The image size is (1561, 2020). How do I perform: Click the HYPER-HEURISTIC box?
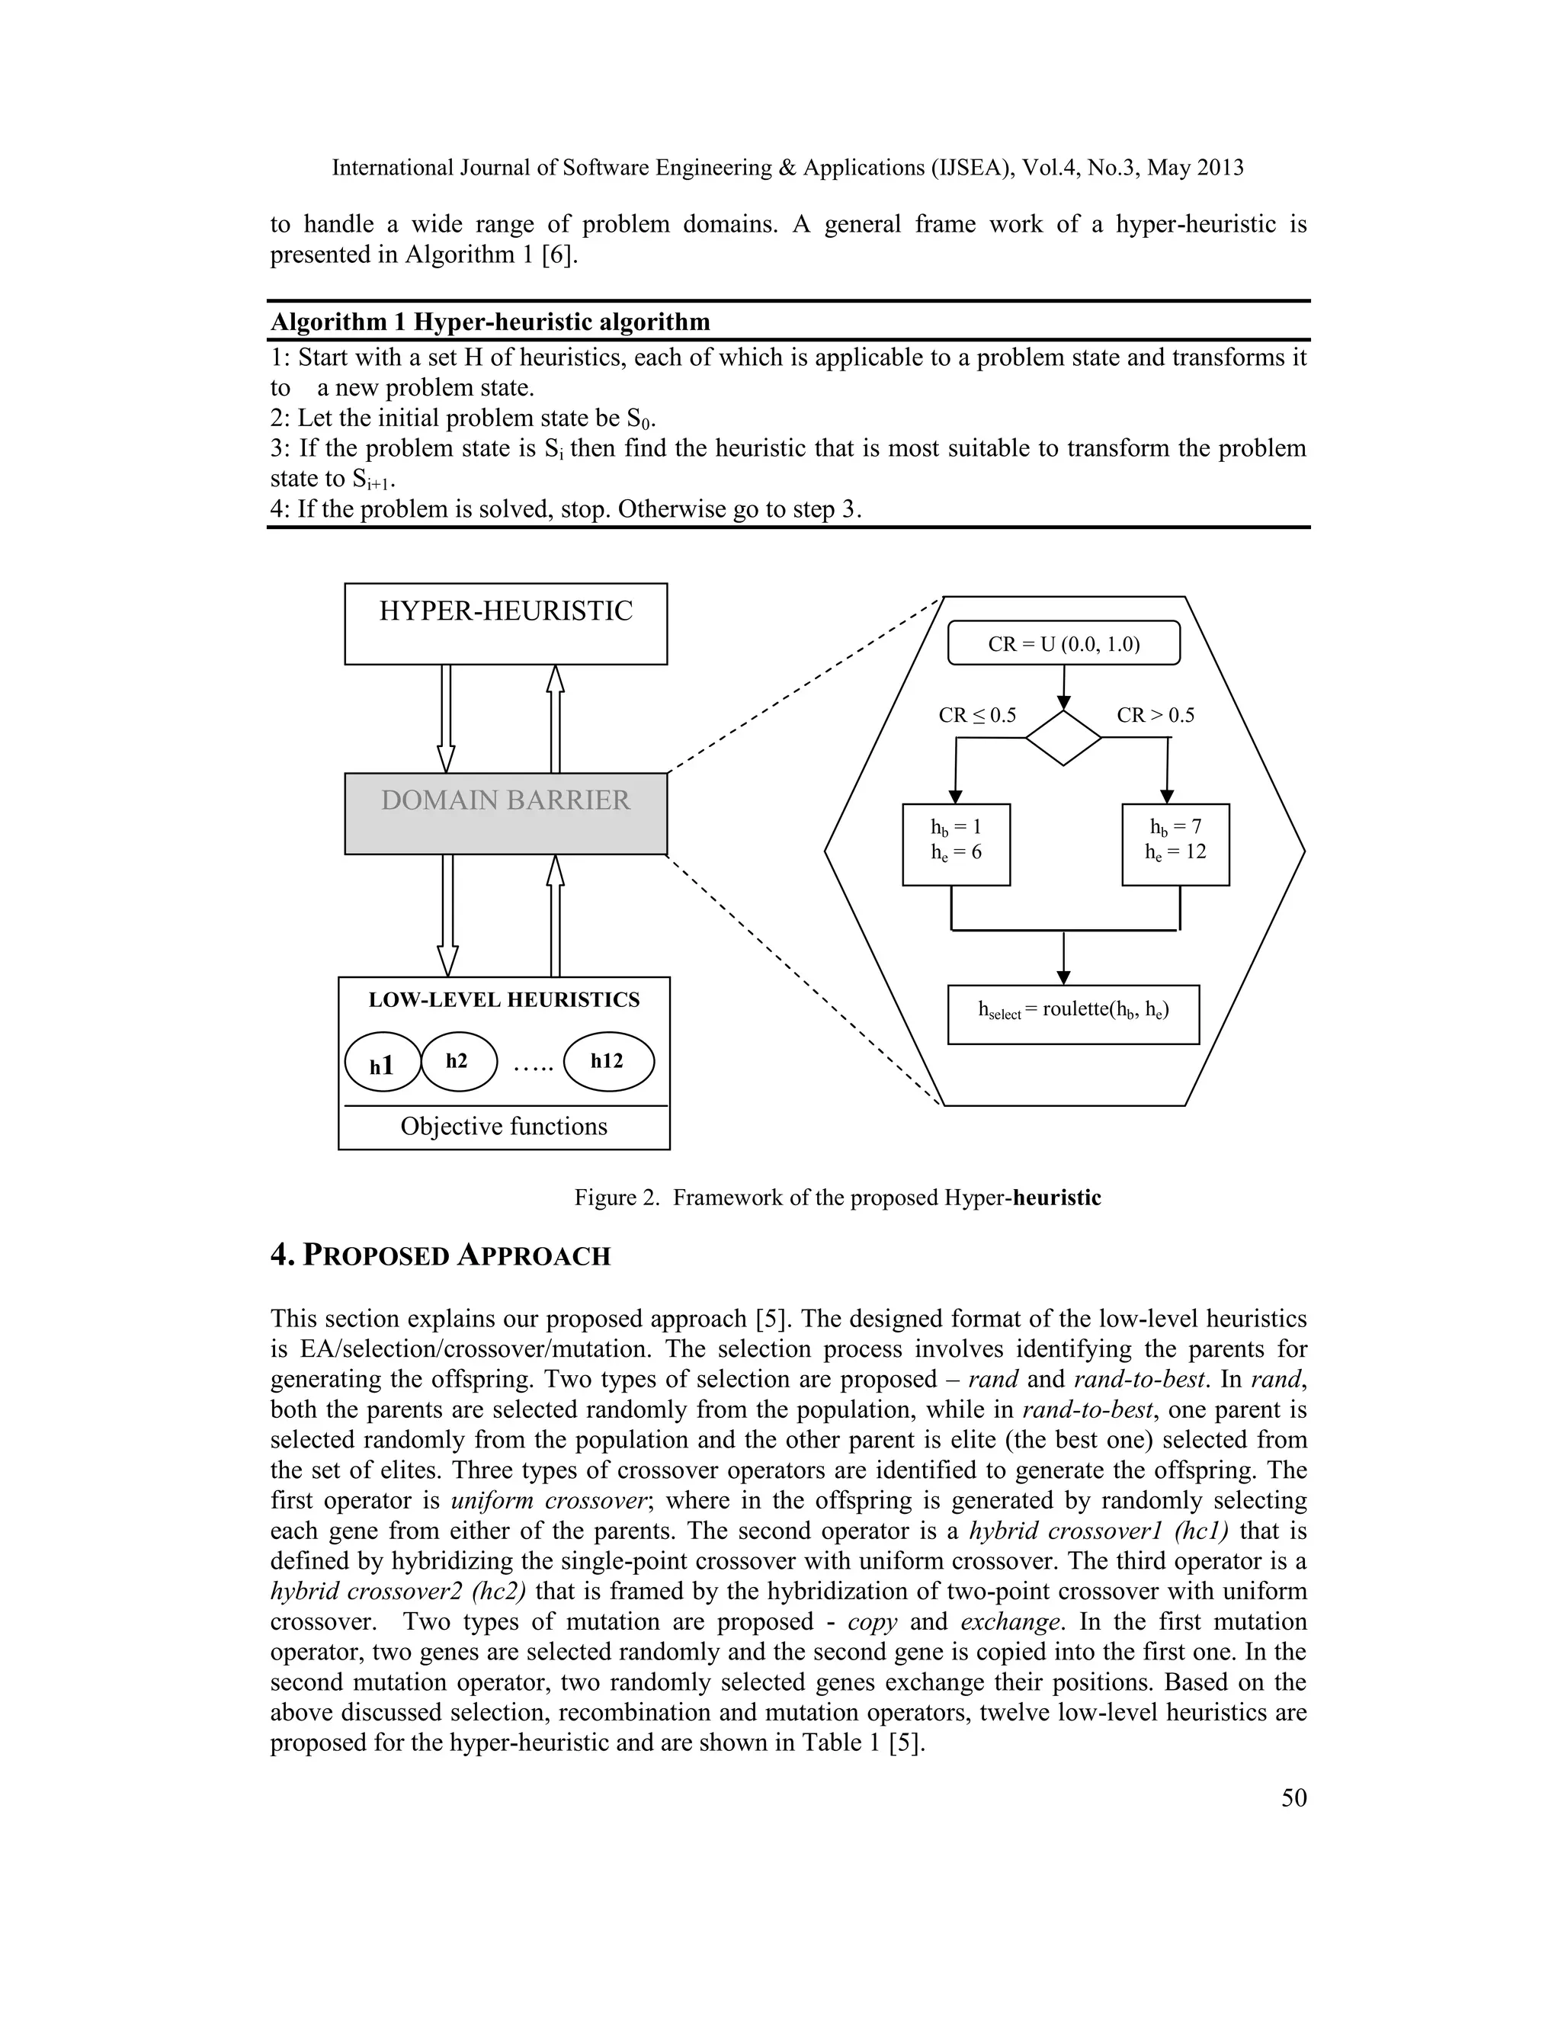(506, 624)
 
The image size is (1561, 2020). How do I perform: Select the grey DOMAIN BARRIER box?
(506, 813)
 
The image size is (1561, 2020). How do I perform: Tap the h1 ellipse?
(383, 1062)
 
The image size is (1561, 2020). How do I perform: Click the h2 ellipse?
(459, 1061)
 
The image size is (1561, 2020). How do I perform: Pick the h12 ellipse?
(608, 1061)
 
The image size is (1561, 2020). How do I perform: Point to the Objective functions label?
(504, 1127)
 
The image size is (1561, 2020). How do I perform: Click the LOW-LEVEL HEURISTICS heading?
(504, 1000)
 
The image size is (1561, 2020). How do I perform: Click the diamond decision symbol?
(1063, 738)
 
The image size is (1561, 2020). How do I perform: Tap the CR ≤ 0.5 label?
(976, 715)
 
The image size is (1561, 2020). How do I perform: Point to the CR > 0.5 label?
(1155, 715)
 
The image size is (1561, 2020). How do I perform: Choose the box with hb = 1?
(957, 845)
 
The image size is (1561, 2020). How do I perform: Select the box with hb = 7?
(1175, 845)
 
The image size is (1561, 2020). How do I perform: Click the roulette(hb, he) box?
(1074, 1015)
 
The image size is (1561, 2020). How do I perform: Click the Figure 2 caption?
(837, 1198)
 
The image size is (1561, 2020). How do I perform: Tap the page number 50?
(1293, 1797)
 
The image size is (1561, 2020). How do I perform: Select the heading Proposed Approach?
(441, 1256)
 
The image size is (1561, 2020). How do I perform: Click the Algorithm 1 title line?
(490, 322)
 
